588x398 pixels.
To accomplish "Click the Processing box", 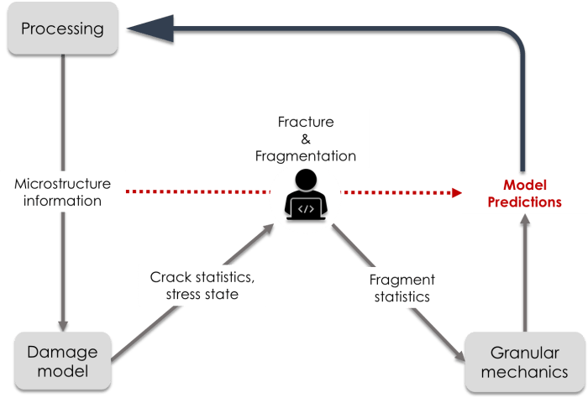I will point(62,30).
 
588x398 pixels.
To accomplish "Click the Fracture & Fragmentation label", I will point(306,139).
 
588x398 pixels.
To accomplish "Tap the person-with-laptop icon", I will point(307,194).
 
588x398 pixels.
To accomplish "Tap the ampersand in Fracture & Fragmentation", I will point(306,139).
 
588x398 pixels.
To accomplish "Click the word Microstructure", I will point(63,184).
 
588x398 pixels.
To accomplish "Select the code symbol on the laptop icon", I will point(306,206).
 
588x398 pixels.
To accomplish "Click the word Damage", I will point(61,352).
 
